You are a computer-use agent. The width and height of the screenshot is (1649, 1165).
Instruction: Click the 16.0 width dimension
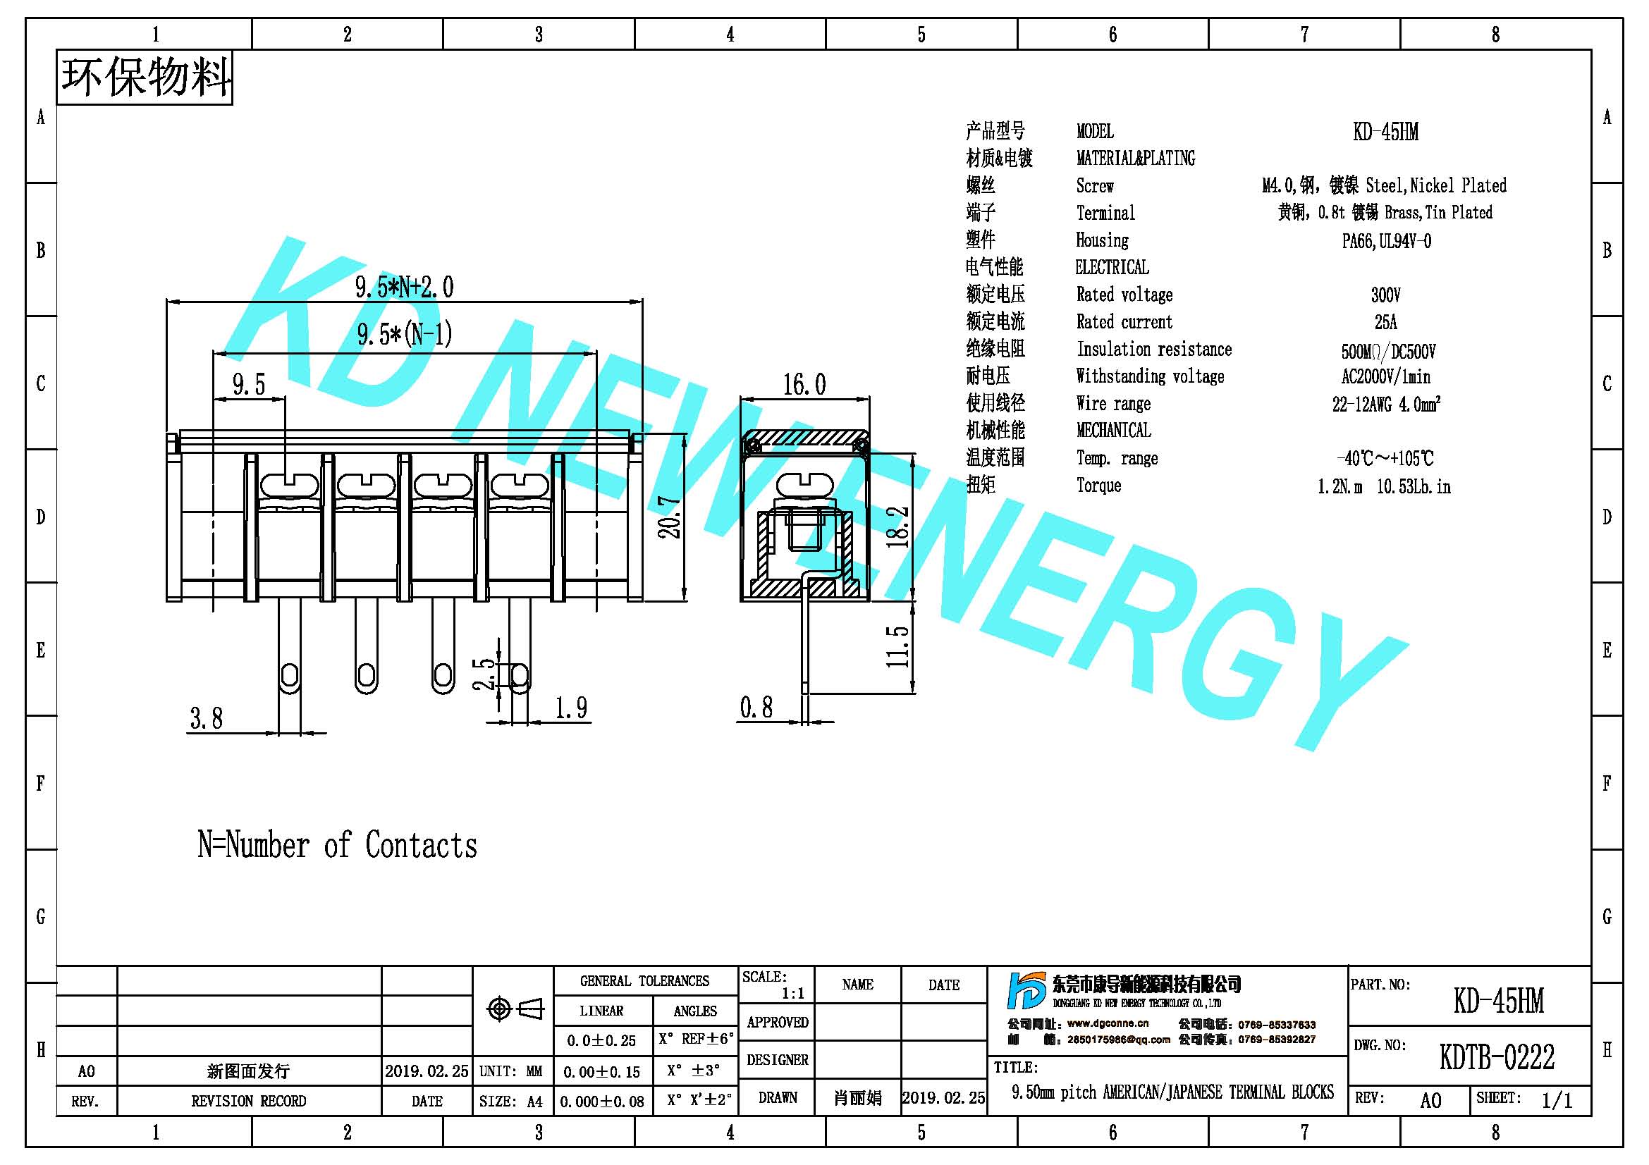point(804,385)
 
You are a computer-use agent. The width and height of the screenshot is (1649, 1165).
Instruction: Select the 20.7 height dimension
point(670,517)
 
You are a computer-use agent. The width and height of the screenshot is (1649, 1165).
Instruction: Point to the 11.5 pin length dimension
point(897,646)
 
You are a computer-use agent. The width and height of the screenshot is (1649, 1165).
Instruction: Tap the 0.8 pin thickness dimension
point(757,707)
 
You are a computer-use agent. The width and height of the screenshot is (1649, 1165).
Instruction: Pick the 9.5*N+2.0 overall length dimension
point(405,287)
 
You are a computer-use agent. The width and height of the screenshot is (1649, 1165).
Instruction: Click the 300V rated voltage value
point(1385,295)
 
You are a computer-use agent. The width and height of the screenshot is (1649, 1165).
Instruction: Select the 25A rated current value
point(1385,322)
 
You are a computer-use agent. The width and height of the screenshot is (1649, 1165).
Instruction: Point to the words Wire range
point(1113,403)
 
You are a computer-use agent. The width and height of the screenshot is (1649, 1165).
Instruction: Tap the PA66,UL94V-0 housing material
point(1386,240)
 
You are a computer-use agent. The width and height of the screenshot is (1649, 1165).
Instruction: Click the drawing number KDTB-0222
point(1497,1056)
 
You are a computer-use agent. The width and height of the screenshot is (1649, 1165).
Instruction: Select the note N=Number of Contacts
point(338,845)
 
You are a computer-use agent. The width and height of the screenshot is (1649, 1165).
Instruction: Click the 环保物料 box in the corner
point(145,78)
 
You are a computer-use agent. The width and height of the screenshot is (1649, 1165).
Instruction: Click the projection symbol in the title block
point(515,1009)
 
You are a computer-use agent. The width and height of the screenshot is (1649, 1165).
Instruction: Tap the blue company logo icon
point(1026,991)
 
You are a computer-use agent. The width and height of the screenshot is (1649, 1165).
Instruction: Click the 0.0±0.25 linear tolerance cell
point(602,1040)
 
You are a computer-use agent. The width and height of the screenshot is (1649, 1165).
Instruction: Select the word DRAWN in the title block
point(778,1097)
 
